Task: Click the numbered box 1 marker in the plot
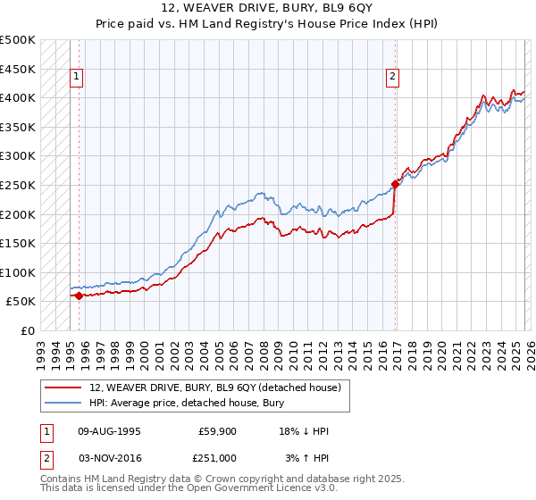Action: point(78,78)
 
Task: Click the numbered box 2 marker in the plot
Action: point(392,78)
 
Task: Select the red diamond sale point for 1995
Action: point(79,296)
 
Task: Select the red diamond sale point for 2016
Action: point(395,185)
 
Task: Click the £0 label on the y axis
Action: point(27,330)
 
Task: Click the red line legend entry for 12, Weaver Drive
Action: point(214,387)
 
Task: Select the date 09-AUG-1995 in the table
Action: point(108,431)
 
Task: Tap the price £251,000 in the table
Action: point(218,457)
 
